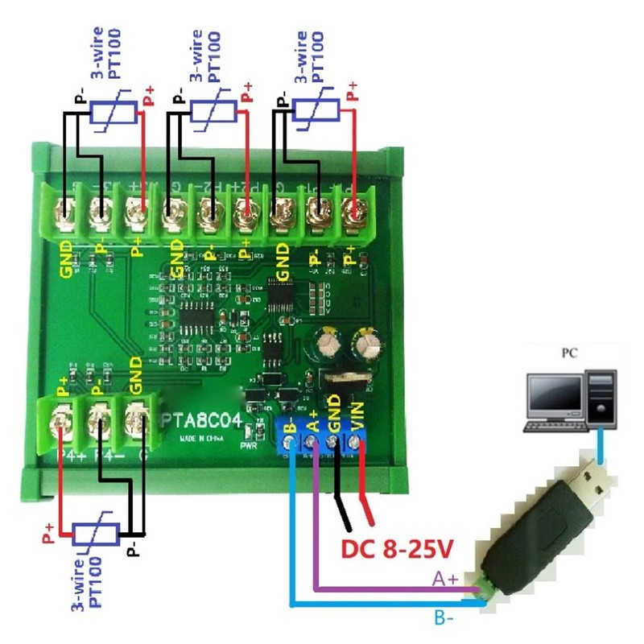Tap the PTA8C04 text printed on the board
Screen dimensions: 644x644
click(x=203, y=421)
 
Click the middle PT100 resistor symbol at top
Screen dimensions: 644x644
click(x=213, y=113)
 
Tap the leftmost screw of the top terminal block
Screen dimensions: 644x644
click(x=63, y=213)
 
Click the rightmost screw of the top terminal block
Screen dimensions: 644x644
click(x=351, y=213)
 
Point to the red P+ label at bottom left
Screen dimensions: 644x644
click(x=50, y=530)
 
